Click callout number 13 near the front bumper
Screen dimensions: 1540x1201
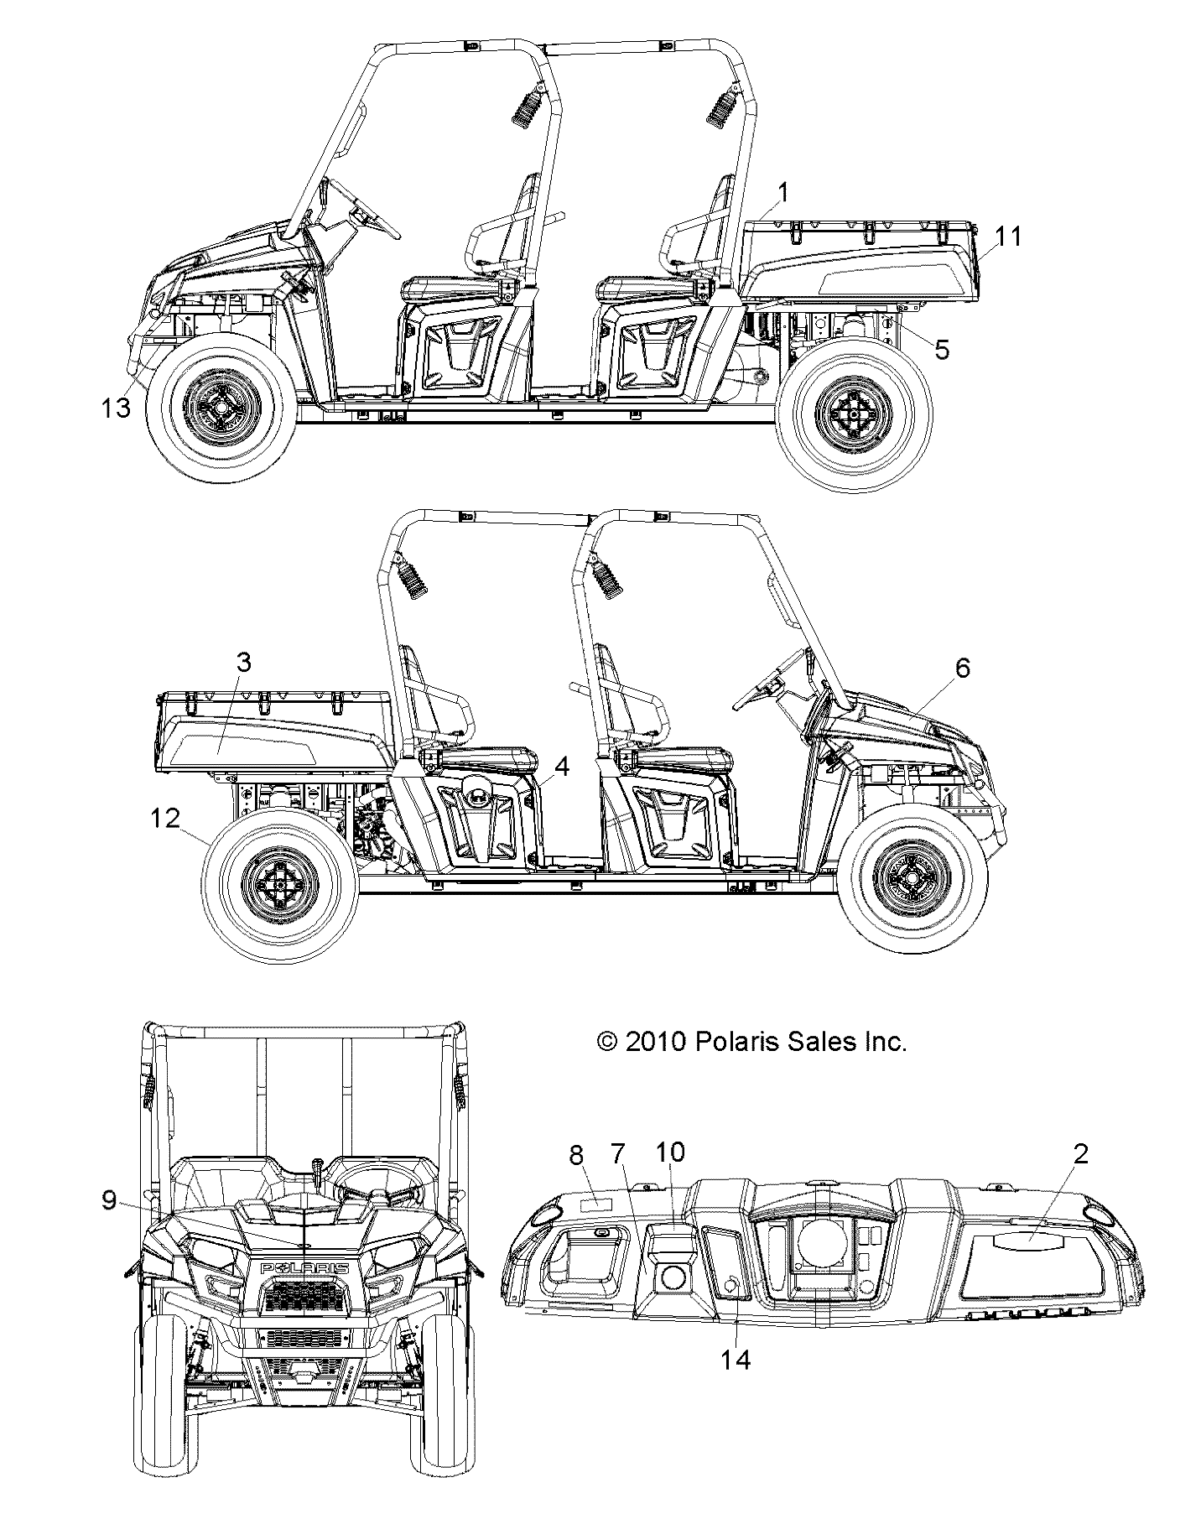(116, 408)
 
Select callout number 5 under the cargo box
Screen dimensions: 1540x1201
(942, 349)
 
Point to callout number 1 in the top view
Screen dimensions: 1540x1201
(782, 194)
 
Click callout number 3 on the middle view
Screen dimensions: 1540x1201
(243, 663)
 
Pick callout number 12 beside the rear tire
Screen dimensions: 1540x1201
(165, 818)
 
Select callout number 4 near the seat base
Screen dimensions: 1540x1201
(562, 767)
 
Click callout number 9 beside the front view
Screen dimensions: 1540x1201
(109, 1201)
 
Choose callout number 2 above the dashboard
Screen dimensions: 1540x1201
(1080, 1154)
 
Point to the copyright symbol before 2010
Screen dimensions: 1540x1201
(606, 1042)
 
